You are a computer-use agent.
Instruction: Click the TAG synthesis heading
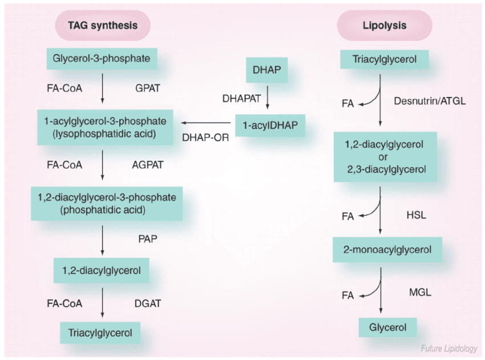(x=103, y=26)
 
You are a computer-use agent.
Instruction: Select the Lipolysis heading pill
(x=384, y=26)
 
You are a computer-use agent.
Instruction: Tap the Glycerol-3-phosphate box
(x=102, y=58)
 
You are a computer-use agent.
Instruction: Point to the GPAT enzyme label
(x=148, y=89)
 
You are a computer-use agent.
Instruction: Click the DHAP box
(x=266, y=71)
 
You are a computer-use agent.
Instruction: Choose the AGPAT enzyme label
(x=148, y=165)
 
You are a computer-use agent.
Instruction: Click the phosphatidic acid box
(x=107, y=203)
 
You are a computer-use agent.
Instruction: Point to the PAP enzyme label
(x=148, y=239)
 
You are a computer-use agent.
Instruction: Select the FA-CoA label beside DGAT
(x=64, y=304)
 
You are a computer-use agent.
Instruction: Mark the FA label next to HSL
(x=348, y=217)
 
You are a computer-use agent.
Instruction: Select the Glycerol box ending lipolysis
(x=388, y=327)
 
